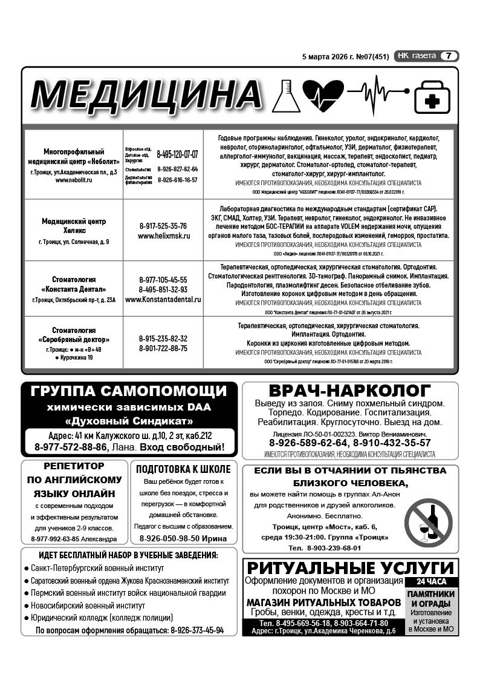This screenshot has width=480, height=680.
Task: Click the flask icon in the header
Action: (287, 95)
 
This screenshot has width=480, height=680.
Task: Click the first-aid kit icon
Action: (432, 97)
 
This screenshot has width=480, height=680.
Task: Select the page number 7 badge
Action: (449, 56)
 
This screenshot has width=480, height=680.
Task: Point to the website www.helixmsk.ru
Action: (163, 236)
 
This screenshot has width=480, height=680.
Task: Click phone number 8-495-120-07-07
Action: (177, 154)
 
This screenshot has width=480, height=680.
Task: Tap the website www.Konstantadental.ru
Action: (163, 299)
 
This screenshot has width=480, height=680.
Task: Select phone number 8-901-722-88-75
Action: (163, 348)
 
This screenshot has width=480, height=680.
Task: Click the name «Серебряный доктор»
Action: (73, 340)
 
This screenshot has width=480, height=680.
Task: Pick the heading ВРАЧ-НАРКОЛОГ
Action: (349, 391)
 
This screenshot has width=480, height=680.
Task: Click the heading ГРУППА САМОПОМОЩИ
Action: (128, 391)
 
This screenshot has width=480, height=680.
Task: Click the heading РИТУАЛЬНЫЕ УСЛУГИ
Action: (351, 568)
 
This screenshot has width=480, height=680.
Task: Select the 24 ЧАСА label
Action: (432, 582)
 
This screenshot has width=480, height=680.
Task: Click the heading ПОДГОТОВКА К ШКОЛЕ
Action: (183, 469)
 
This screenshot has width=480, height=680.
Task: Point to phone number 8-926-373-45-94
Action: (197, 630)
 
